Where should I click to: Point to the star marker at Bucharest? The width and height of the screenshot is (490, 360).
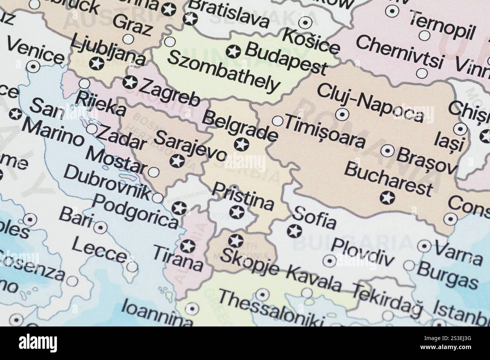point(387,197)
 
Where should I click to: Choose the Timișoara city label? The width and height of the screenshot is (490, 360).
point(325,132)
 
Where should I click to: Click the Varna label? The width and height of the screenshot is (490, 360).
point(458,253)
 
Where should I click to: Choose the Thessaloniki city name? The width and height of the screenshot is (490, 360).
point(271,309)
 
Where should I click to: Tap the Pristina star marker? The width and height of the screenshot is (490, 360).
point(237,213)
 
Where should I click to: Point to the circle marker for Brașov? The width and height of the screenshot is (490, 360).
point(387,151)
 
